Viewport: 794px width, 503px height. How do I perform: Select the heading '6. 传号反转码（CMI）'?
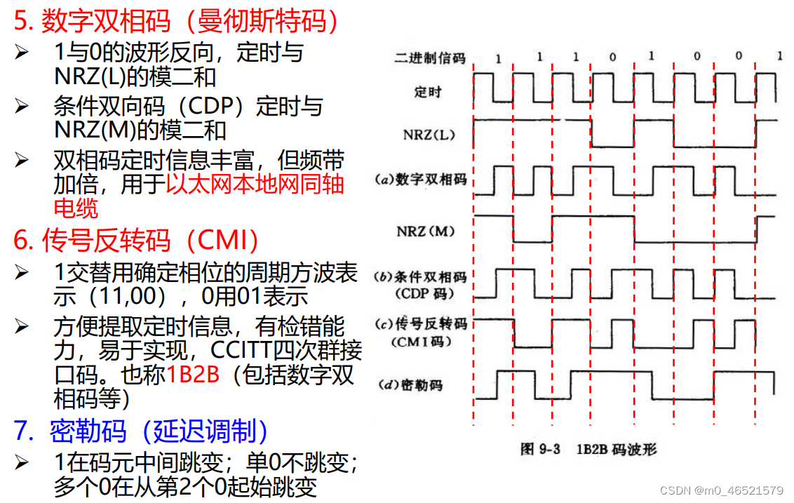coord(137,241)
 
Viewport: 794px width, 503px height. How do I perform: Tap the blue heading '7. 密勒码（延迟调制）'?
coord(140,431)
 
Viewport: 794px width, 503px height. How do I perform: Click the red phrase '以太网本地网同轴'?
coord(255,185)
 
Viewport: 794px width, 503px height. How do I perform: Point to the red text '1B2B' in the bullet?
coord(193,375)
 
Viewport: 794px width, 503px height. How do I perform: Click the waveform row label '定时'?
coord(428,91)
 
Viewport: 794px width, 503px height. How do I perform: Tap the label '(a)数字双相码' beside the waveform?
coord(420,180)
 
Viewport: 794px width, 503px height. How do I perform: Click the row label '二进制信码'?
coord(430,58)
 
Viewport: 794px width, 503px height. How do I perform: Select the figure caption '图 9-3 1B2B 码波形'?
coord(588,448)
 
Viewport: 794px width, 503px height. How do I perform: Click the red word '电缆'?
coord(76,208)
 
